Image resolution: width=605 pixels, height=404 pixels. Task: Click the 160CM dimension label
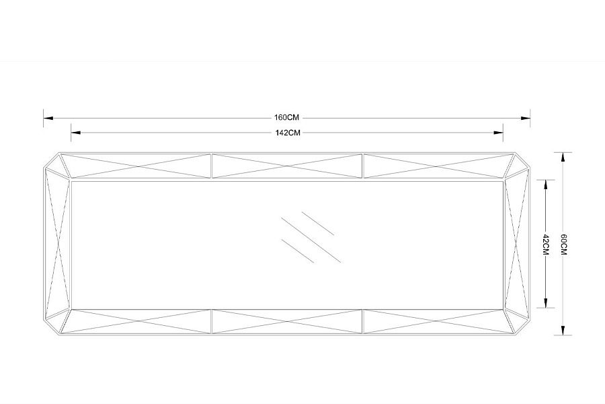click(x=286, y=118)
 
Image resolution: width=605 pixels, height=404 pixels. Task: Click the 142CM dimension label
click(x=288, y=133)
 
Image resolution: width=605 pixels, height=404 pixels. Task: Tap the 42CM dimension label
click(x=546, y=244)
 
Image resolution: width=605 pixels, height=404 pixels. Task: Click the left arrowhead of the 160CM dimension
click(x=48, y=118)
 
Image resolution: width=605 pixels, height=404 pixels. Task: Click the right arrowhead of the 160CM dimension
click(x=526, y=118)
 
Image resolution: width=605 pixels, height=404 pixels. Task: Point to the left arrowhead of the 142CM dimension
click(x=76, y=133)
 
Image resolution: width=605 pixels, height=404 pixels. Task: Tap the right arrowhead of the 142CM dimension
click(x=498, y=133)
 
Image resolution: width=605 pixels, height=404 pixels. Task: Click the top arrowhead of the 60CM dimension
click(x=563, y=158)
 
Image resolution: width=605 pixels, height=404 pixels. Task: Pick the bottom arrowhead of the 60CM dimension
click(x=563, y=330)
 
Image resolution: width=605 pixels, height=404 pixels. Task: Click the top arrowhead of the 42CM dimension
click(x=546, y=184)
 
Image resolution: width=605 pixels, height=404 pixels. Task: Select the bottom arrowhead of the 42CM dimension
click(x=546, y=303)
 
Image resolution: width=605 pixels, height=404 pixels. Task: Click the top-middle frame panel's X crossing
click(x=287, y=166)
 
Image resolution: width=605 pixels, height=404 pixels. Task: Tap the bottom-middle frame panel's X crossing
click(x=287, y=321)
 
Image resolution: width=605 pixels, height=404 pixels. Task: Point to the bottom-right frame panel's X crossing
click(x=437, y=321)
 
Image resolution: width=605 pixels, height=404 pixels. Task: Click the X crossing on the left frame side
click(x=58, y=244)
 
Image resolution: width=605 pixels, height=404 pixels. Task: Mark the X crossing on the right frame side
click(x=516, y=244)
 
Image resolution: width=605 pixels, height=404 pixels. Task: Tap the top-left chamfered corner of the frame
click(x=51, y=160)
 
